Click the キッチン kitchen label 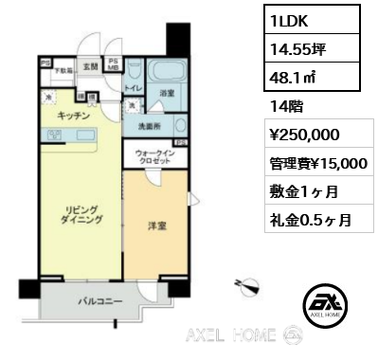tap(72, 115)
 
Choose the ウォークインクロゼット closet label tap(153, 158)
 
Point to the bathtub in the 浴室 tap(168, 73)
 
